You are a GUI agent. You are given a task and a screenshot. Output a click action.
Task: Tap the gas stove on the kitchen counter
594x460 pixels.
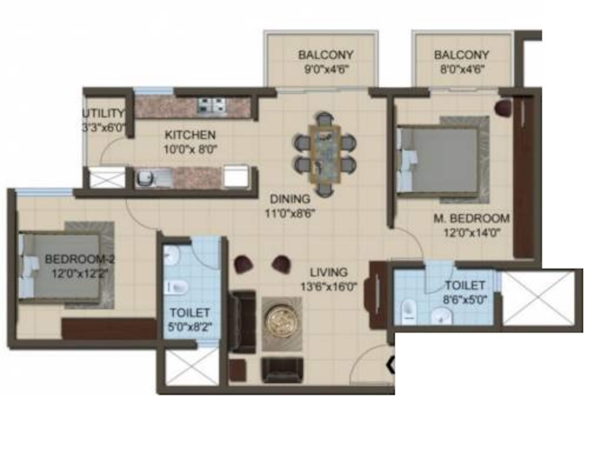pyautogui.click(x=212, y=106)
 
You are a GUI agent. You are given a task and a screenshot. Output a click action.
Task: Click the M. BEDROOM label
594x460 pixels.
pyautogui.click(x=471, y=218)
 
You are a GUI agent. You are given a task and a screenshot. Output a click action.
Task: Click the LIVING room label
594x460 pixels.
pyautogui.click(x=329, y=272)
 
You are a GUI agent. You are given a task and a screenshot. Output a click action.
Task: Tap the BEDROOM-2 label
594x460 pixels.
pyautogui.click(x=80, y=259)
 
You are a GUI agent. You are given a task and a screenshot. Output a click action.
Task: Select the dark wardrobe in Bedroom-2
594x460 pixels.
pyautogui.click(x=109, y=329)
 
